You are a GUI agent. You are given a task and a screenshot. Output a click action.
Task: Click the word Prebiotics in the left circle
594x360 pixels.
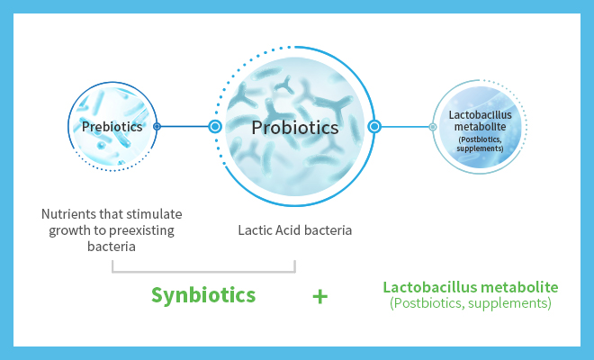pos(112,127)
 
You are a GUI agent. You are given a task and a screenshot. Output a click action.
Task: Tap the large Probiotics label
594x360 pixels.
pos(295,128)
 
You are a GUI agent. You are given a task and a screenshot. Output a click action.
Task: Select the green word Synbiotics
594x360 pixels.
pos(203,295)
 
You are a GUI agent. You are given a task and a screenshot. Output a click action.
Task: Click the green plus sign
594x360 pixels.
pos(320,297)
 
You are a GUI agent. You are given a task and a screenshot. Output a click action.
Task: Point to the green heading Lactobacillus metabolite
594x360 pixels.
pos(471,287)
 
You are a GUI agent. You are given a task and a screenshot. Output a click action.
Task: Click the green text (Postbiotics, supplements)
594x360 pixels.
pos(471,303)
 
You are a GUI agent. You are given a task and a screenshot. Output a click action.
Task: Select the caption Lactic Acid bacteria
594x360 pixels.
pos(294,230)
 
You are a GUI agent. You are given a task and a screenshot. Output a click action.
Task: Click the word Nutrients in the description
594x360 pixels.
pos(68,214)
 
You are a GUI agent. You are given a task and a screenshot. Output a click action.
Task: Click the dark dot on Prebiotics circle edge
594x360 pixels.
pos(157,127)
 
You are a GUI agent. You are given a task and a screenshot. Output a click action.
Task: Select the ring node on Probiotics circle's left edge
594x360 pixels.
pos(215,127)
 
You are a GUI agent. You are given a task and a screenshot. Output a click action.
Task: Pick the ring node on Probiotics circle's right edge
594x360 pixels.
pos(374,127)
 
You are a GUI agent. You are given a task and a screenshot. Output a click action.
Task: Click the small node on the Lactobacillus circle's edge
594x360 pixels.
pos(433,127)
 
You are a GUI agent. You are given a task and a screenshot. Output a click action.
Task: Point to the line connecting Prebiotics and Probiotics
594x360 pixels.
pos(184,127)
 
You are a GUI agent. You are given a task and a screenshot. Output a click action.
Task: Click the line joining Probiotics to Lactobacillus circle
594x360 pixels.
pos(405,127)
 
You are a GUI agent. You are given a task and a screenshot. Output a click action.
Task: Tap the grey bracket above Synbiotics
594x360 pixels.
pos(203,272)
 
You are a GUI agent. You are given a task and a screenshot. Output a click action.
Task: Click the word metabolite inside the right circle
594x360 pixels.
pos(480,127)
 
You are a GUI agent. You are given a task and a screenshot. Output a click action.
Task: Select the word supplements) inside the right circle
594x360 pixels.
pos(480,148)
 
